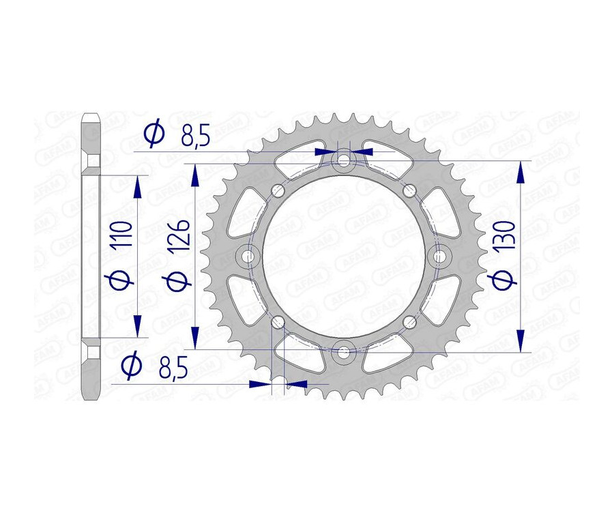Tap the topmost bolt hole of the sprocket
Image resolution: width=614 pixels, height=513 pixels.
(343, 161)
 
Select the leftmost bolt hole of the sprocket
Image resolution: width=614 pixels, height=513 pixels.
(248, 256)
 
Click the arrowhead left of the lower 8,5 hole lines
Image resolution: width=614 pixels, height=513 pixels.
(259, 384)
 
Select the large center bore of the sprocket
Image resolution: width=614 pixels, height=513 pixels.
(343, 256)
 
